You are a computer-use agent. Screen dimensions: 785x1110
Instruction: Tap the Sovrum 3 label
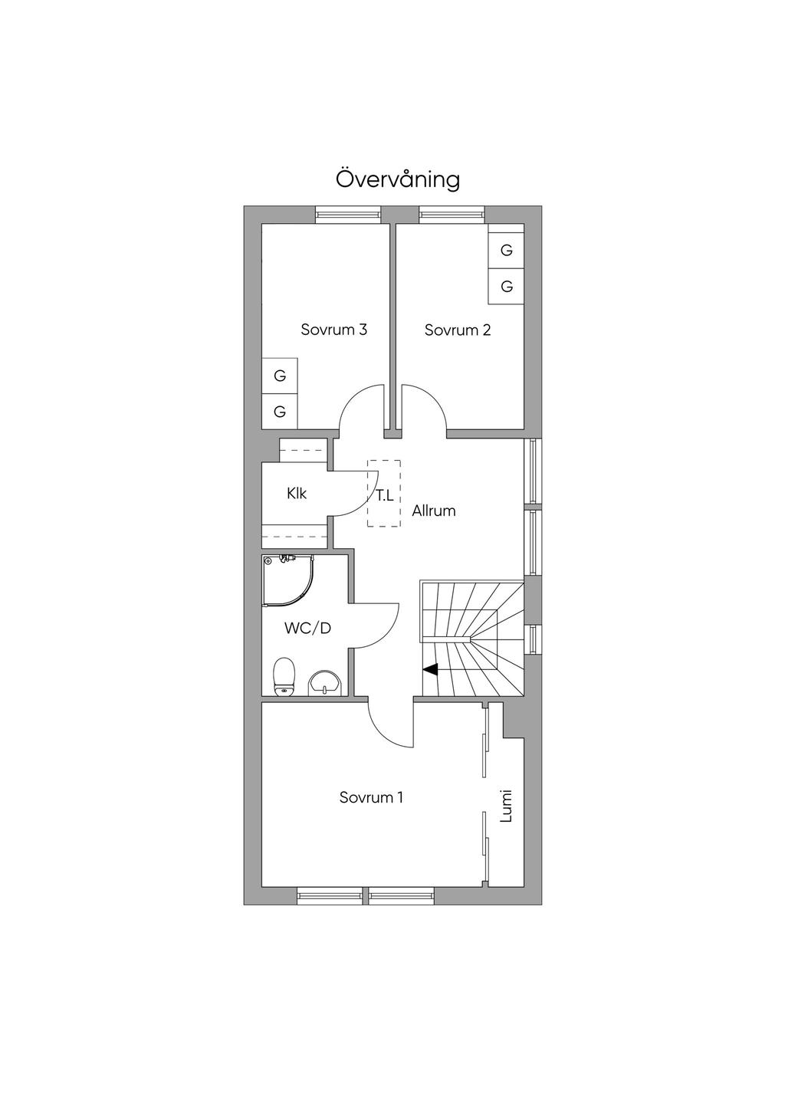point(334,330)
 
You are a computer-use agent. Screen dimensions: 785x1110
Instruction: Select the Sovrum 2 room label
point(458,330)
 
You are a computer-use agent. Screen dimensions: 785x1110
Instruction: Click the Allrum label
point(434,511)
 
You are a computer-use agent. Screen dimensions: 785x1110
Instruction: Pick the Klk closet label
point(297,494)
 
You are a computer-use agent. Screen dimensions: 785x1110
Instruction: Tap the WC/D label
point(307,629)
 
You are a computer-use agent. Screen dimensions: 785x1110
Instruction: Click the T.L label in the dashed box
point(385,495)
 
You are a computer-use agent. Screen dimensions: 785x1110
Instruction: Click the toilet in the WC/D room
point(284,676)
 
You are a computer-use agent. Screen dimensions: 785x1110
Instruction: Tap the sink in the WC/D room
point(324,683)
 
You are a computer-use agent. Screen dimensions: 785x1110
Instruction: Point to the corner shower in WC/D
point(288,580)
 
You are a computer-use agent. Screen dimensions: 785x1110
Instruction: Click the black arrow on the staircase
point(430,670)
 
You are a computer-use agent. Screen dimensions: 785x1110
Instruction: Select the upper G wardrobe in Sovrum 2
point(506,251)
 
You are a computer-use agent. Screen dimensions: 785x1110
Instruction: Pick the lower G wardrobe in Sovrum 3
point(280,412)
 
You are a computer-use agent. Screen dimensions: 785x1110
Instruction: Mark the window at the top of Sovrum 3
point(349,215)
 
